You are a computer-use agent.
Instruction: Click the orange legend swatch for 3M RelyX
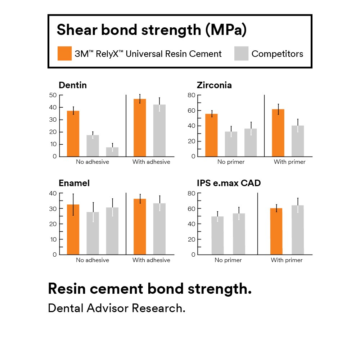(65, 53)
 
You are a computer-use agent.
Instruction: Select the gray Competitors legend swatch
(241, 53)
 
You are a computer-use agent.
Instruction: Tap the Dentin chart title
(73, 85)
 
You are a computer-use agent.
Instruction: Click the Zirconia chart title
(214, 85)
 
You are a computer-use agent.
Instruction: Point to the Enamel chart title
(74, 183)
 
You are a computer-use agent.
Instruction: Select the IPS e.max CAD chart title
(229, 183)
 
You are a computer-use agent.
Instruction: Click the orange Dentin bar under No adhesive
(73, 134)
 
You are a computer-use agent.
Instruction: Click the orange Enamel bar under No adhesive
(73, 229)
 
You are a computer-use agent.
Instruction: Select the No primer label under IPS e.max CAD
(228, 260)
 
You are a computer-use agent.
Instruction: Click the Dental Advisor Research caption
(117, 308)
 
